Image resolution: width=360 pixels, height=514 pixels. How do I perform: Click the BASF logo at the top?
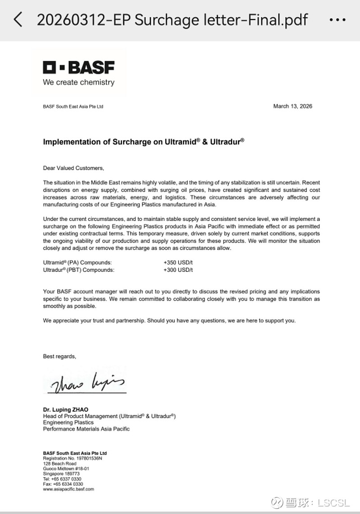[x=79, y=68]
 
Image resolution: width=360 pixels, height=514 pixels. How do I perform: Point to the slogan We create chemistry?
[x=79, y=82]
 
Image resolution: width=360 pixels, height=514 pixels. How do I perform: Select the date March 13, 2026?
[x=292, y=106]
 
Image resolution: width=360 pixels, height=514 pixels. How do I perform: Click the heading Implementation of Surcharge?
[x=144, y=141]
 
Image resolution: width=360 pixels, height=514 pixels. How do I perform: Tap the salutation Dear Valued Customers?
[x=73, y=168]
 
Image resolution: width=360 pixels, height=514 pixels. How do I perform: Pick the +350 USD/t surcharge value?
[x=178, y=262]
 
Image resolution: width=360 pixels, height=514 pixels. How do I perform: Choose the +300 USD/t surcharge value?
[x=178, y=270]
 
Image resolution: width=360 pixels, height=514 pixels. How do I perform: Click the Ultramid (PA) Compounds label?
[x=77, y=262]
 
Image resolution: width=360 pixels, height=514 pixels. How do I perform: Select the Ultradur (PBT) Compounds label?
[x=79, y=270]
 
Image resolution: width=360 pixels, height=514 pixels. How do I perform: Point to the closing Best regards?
[x=59, y=356]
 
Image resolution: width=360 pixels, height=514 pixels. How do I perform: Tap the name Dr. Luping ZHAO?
[x=66, y=410]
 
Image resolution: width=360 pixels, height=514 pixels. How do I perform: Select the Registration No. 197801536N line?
[x=72, y=458]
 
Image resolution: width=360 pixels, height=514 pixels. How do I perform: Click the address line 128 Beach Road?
[x=60, y=464]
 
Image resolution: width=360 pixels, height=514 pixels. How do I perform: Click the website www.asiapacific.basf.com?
[x=68, y=489]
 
